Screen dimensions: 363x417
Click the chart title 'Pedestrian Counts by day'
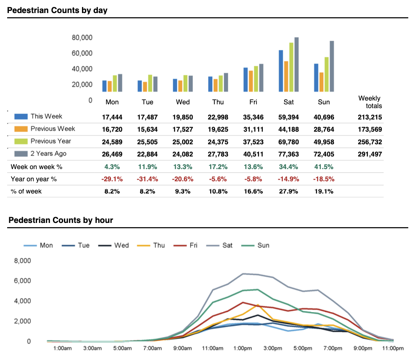click(57, 11)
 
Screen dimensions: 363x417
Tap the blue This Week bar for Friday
click(245, 79)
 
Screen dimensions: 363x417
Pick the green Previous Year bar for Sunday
click(326, 74)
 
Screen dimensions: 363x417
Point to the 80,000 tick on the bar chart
click(82, 37)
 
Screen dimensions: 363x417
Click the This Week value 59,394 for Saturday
click(289, 117)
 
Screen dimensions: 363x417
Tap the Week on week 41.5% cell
click(324, 167)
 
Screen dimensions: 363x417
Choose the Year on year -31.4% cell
click(148, 179)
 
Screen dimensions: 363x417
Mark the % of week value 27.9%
click(289, 191)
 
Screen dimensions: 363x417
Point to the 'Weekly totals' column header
click(370, 102)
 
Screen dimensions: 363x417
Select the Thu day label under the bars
click(218, 102)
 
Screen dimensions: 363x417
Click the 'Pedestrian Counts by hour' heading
click(61, 220)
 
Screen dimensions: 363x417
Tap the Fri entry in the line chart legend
click(193, 245)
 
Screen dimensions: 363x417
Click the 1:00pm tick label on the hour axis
click(243, 349)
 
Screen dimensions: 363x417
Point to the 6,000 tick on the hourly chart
click(23, 281)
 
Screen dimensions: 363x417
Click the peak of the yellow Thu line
click(258, 305)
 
